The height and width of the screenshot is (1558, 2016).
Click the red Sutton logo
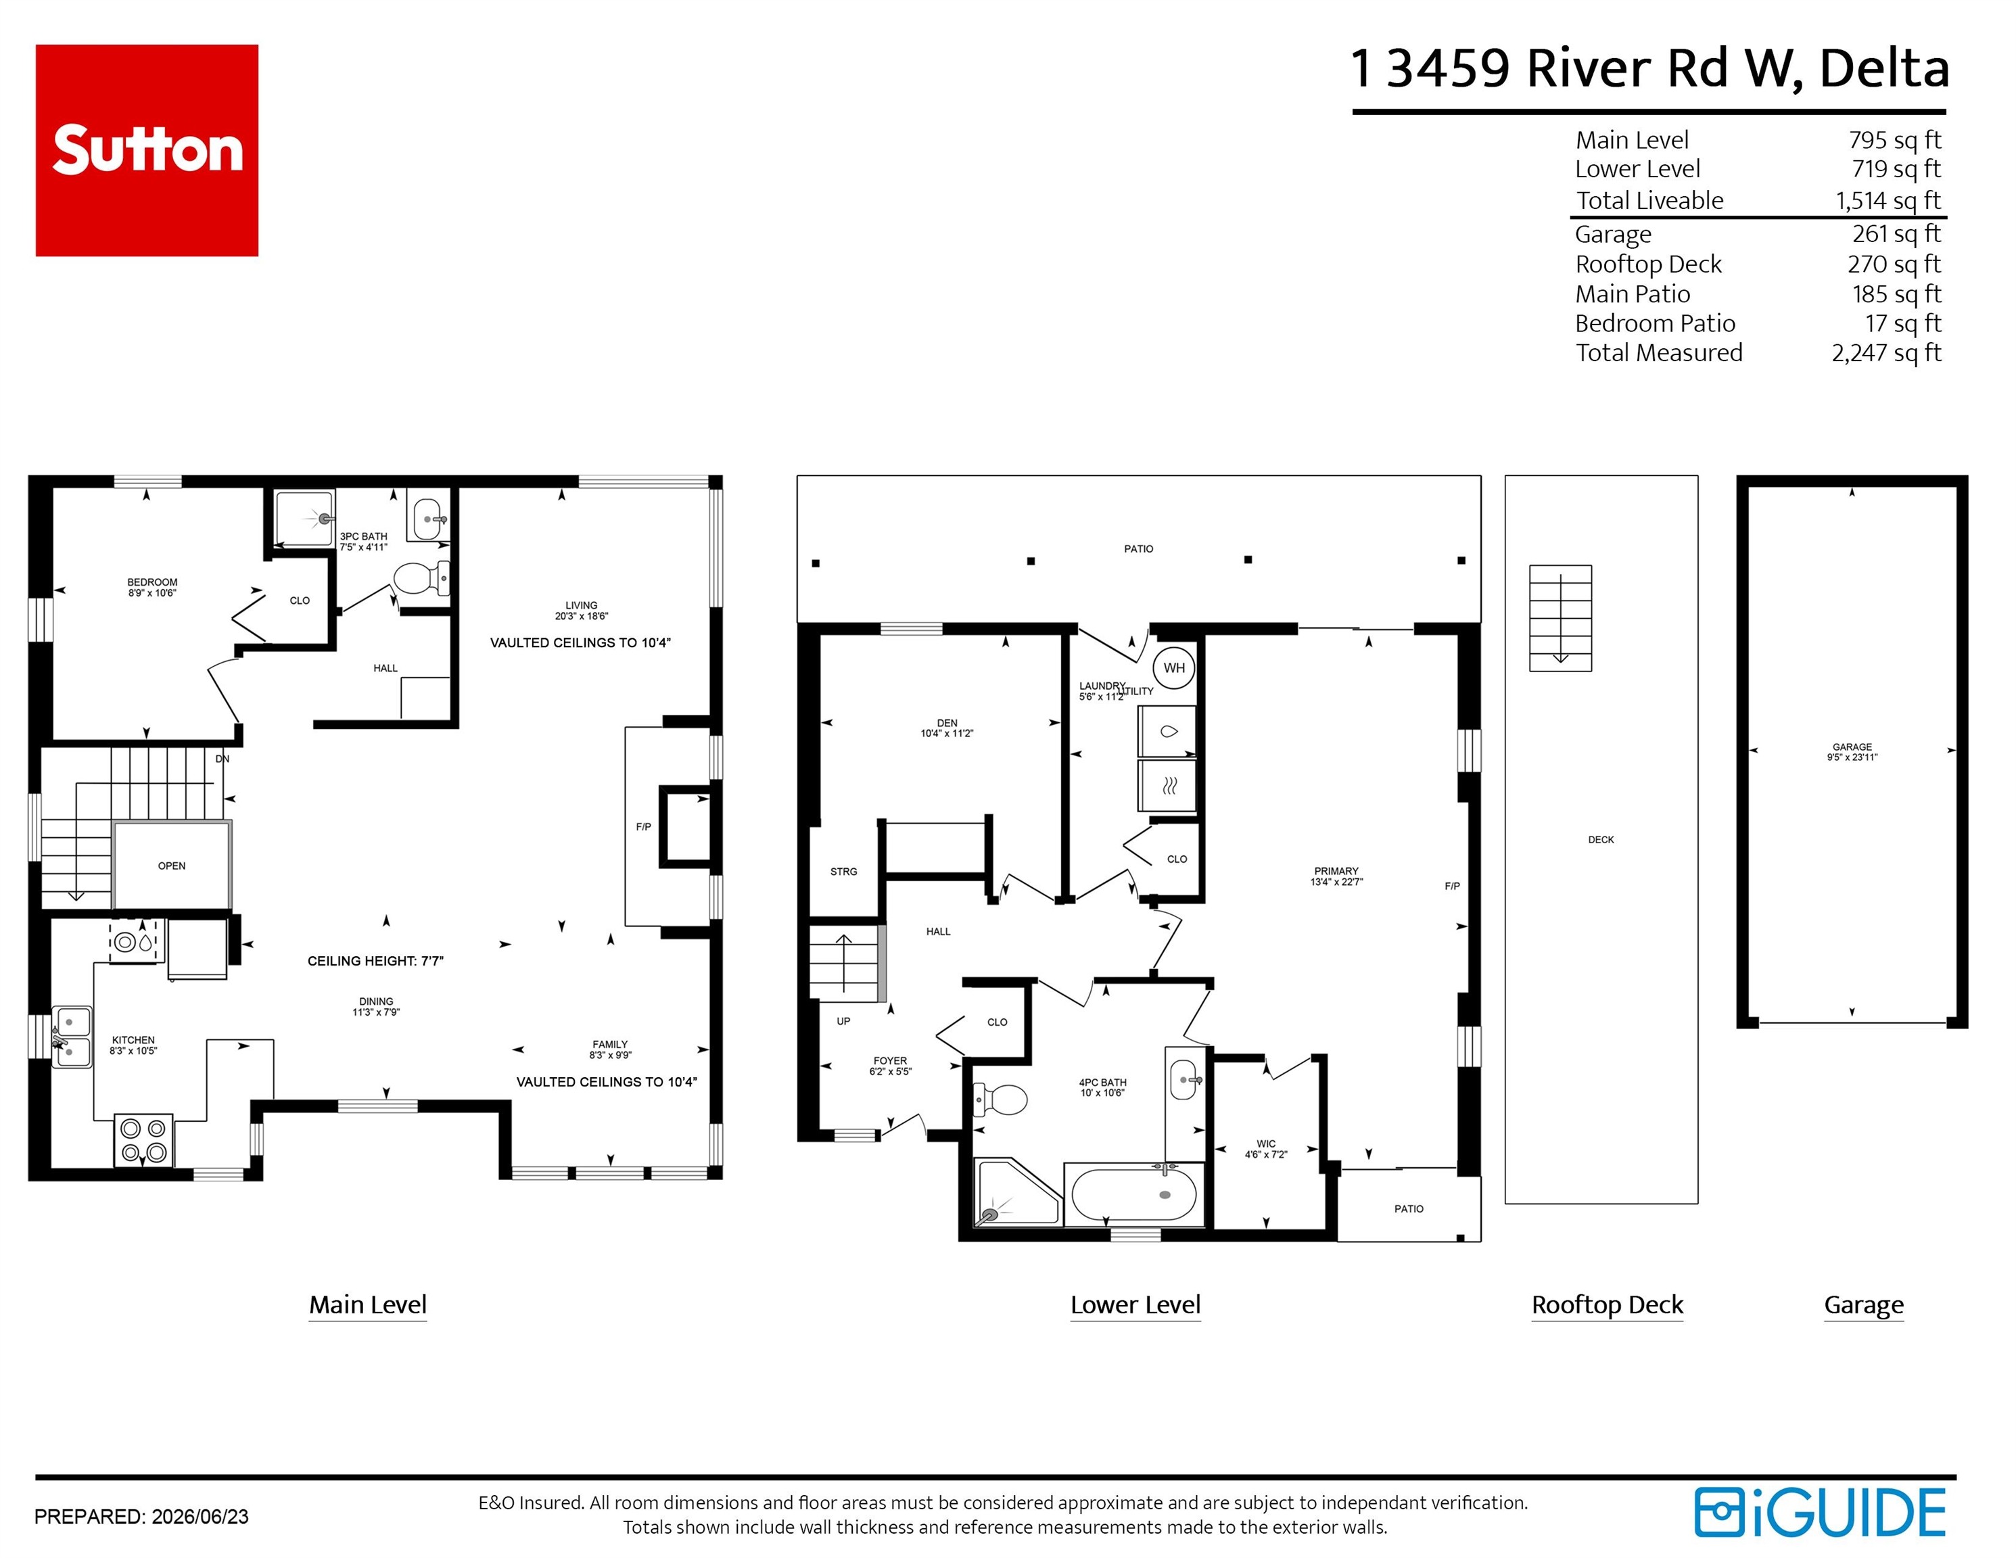(147, 150)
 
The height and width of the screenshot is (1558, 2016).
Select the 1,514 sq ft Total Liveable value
(1888, 200)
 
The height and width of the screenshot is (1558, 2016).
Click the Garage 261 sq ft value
(1896, 233)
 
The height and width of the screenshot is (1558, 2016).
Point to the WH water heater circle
(1174, 668)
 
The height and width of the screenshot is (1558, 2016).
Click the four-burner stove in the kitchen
(143, 1140)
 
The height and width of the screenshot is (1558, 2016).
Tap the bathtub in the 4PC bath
(1134, 1194)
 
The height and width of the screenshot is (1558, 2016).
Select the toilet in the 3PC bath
(421, 579)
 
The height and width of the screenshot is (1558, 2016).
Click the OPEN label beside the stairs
(172, 866)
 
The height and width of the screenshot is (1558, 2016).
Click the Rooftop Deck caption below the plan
(1607, 1305)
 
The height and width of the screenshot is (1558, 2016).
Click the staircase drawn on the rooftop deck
(1560, 617)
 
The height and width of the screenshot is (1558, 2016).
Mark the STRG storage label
(844, 871)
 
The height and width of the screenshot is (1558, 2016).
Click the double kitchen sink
(71, 1037)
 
